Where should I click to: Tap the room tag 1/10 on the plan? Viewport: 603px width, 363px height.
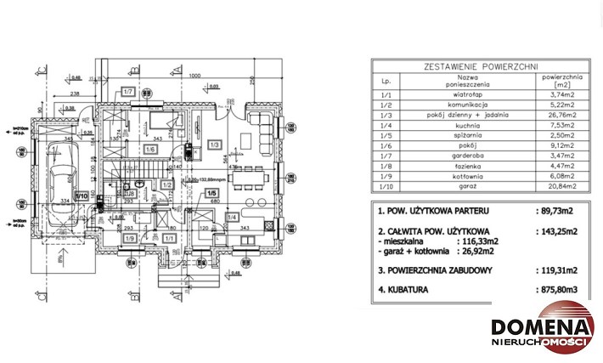point(82,196)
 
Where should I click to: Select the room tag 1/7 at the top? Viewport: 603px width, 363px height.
point(129,91)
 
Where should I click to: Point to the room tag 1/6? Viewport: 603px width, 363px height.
point(149,150)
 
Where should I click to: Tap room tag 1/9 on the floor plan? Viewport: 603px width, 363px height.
point(129,239)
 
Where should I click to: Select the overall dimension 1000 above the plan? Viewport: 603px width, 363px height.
point(194,76)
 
